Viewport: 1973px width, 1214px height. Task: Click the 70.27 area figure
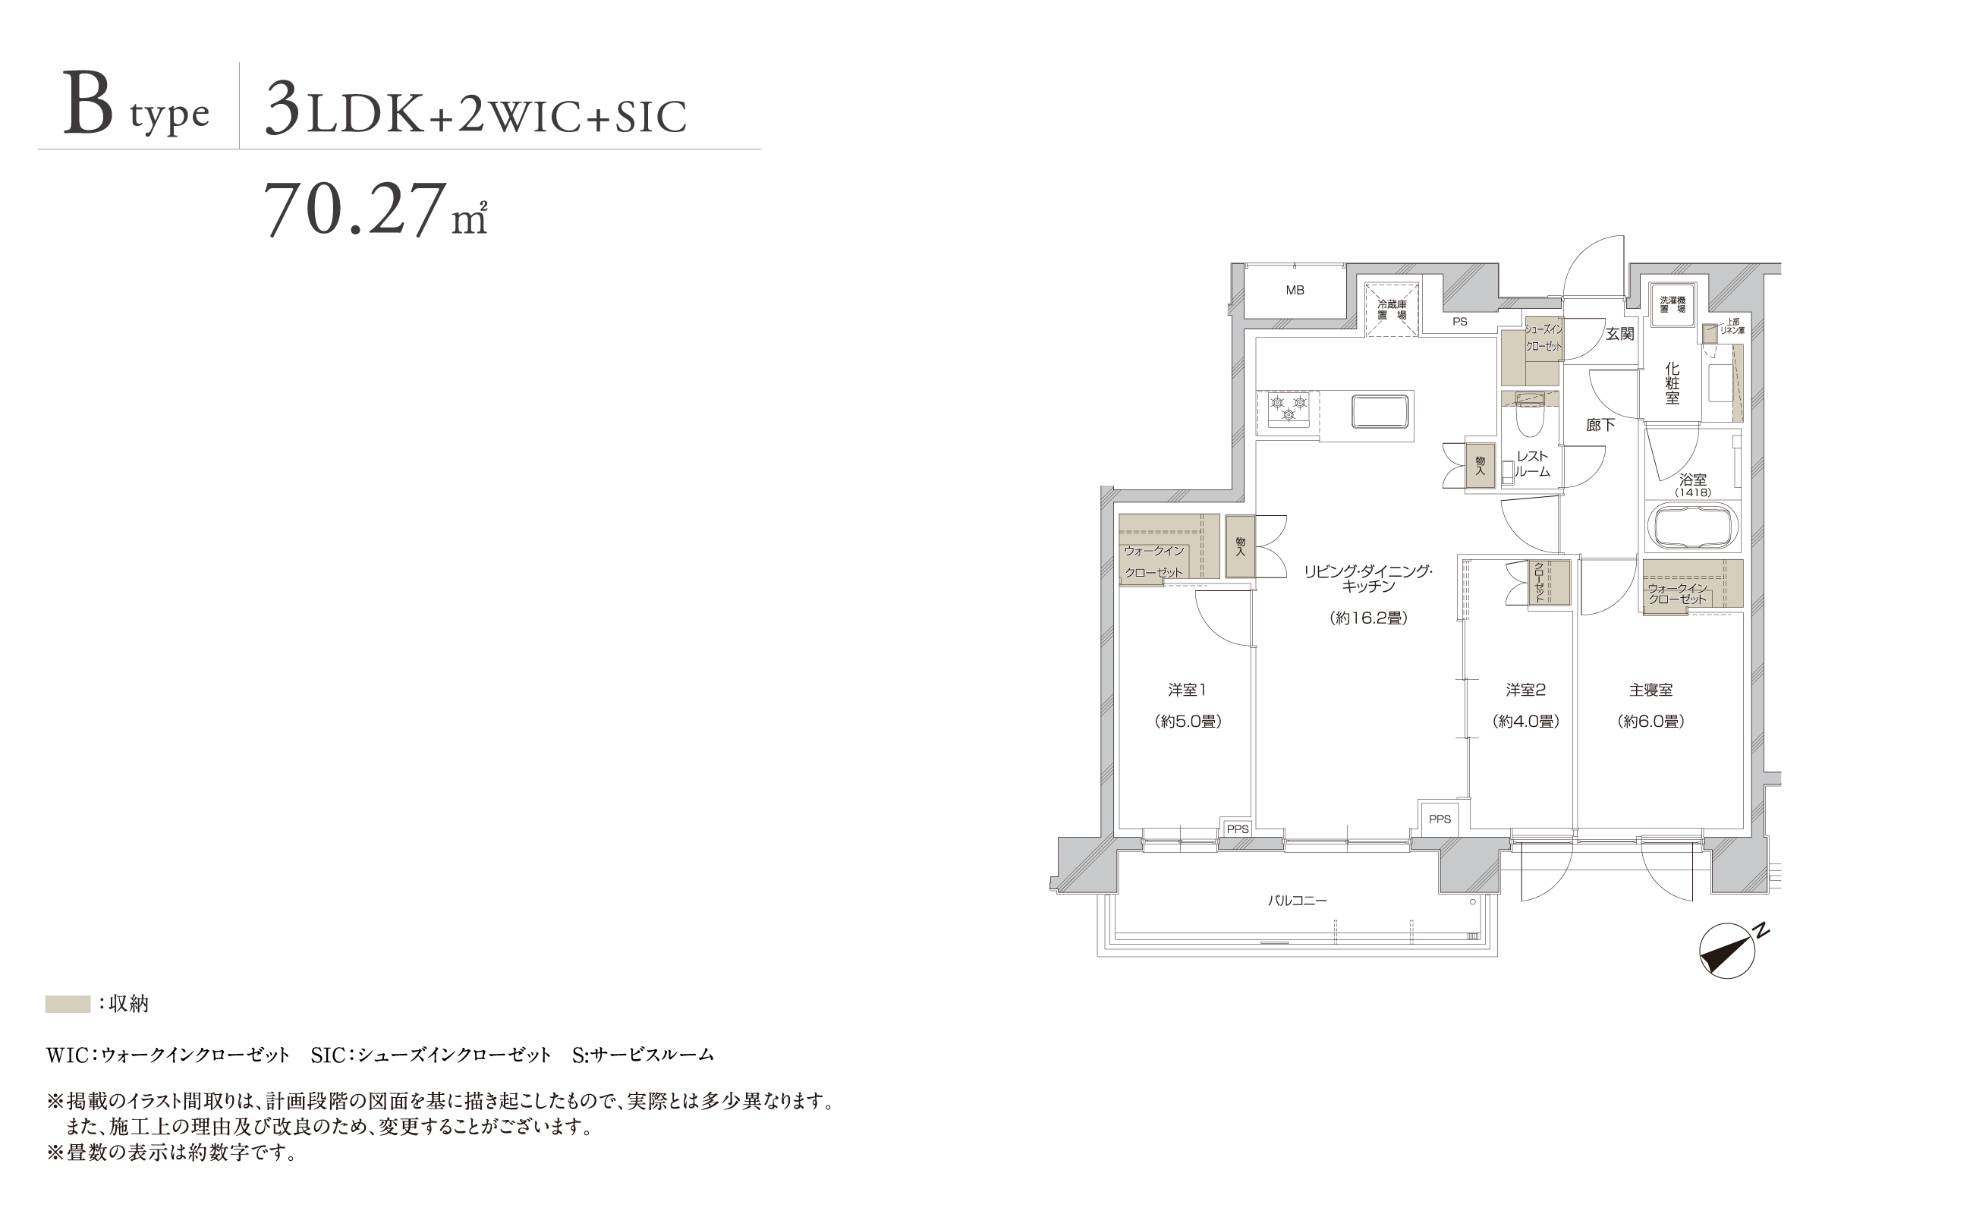(356, 209)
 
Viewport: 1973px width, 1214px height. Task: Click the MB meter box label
(1295, 291)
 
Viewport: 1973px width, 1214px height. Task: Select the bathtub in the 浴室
(1692, 526)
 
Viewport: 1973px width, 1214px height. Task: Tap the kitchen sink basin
(1379, 412)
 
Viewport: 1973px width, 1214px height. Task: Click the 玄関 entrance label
(1619, 334)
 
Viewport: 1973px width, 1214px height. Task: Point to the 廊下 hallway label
(1600, 426)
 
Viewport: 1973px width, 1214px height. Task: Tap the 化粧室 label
(1672, 384)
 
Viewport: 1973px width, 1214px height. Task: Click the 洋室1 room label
(1187, 690)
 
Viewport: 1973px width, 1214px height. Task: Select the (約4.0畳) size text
(1526, 722)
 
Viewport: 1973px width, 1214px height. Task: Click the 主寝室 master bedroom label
(1651, 690)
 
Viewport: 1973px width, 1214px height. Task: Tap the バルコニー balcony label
(1298, 901)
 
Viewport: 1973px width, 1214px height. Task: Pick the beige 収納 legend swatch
(68, 1004)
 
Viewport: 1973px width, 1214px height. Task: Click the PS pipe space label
(1460, 322)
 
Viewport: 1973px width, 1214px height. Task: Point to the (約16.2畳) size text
(1368, 618)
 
